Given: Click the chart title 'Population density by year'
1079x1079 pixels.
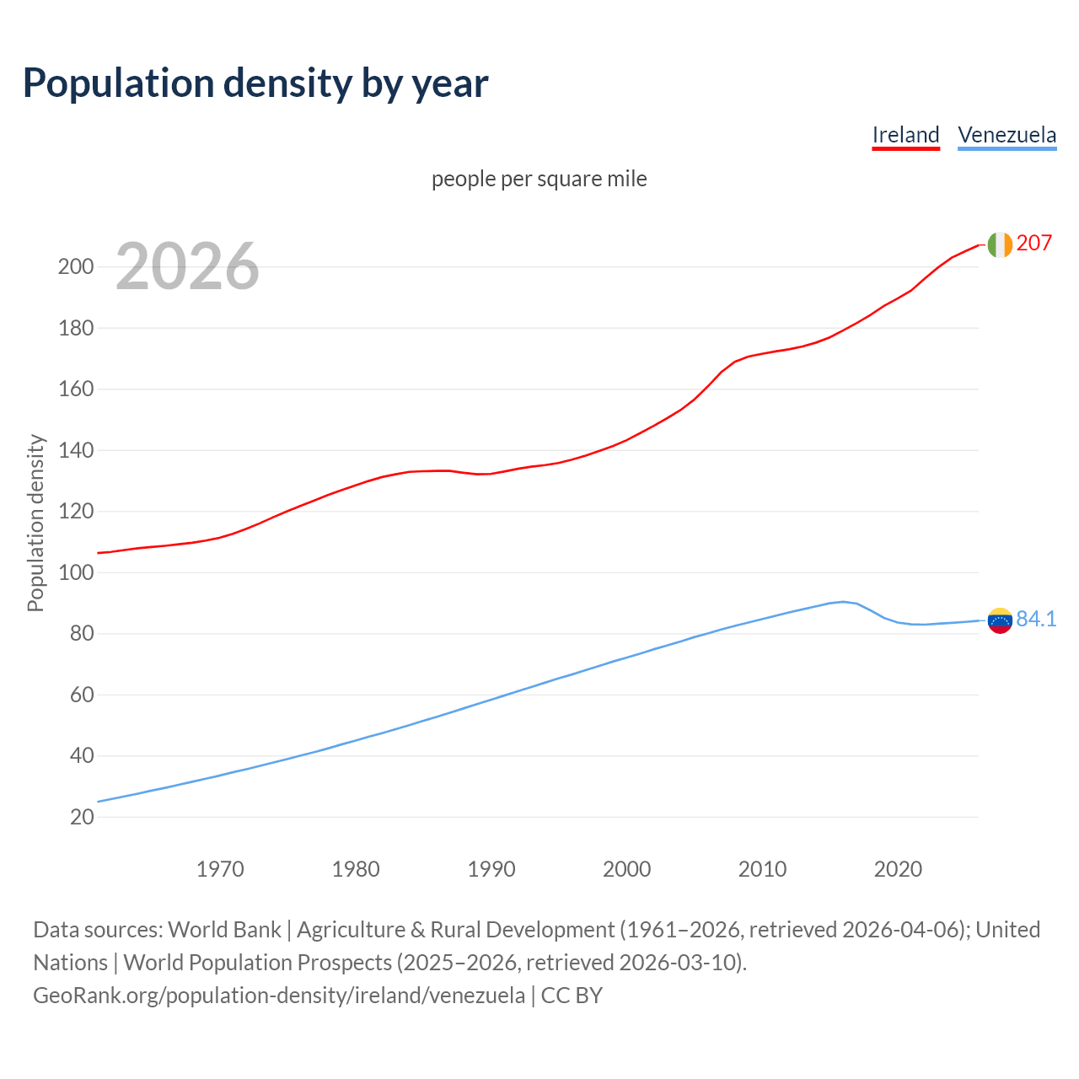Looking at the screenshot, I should click(255, 83).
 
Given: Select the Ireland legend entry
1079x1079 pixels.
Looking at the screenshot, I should click(905, 135).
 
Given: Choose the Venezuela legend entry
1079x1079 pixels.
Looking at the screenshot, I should click(1007, 135).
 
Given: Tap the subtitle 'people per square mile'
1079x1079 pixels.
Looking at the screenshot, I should click(539, 179).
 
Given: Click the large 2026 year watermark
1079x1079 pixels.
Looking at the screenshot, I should click(187, 266).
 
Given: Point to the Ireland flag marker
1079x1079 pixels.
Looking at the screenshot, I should click(999, 244).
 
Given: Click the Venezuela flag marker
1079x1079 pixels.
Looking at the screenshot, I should click(999, 620).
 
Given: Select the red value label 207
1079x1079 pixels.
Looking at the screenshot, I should click(1033, 244).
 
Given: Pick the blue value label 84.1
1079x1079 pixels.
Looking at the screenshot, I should click(1036, 620).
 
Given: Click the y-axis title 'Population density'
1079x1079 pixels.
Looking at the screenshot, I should click(35, 523).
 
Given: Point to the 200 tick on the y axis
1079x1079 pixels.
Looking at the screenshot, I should click(75, 267).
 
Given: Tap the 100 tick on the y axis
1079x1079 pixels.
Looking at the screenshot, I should click(75, 573).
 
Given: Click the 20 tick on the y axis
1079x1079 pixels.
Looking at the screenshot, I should click(81, 817).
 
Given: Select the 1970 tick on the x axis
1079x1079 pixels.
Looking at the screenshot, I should click(220, 869).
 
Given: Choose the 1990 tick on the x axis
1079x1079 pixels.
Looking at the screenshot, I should click(491, 869).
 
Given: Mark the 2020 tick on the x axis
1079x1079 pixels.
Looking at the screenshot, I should click(898, 869).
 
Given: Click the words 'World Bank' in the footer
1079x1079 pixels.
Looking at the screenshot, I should click(224, 930).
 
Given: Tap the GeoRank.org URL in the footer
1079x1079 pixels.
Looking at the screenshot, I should click(279, 996).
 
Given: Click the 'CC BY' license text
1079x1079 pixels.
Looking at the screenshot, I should click(572, 996).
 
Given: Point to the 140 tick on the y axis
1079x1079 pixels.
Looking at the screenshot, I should click(75, 451).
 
